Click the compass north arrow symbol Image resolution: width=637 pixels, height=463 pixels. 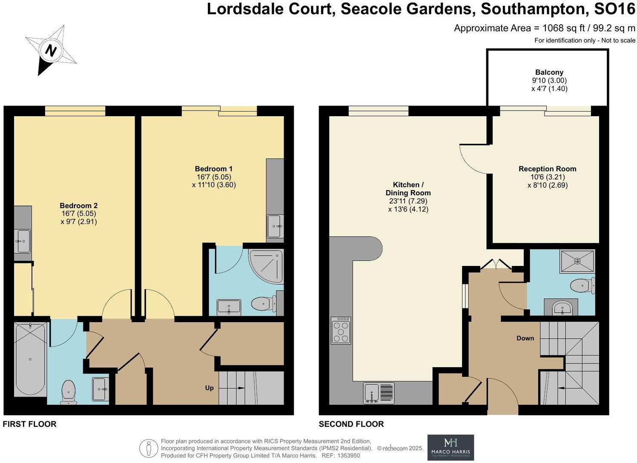click(x=51, y=50)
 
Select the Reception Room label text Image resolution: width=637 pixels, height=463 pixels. click(x=547, y=169)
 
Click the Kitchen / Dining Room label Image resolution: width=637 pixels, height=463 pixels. click(x=408, y=189)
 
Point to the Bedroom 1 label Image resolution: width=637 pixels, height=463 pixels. click(x=214, y=169)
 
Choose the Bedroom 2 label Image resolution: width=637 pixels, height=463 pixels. click(x=78, y=206)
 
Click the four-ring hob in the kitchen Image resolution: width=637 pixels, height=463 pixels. click(x=341, y=330)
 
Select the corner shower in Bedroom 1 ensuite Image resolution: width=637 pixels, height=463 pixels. click(x=266, y=266)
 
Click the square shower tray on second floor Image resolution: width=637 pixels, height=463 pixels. click(x=577, y=261)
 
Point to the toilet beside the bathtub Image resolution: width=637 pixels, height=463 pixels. click(x=69, y=392)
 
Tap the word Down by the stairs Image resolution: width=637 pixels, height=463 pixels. click(x=525, y=338)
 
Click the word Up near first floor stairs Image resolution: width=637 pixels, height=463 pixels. click(x=209, y=388)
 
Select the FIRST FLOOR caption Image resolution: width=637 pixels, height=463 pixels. click(x=29, y=424)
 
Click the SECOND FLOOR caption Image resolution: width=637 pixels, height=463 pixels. click(x=351, y=424)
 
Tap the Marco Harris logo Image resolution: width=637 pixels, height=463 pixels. click(x=450, y=447)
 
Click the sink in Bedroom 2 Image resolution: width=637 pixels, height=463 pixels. click(x=23, y=241)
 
